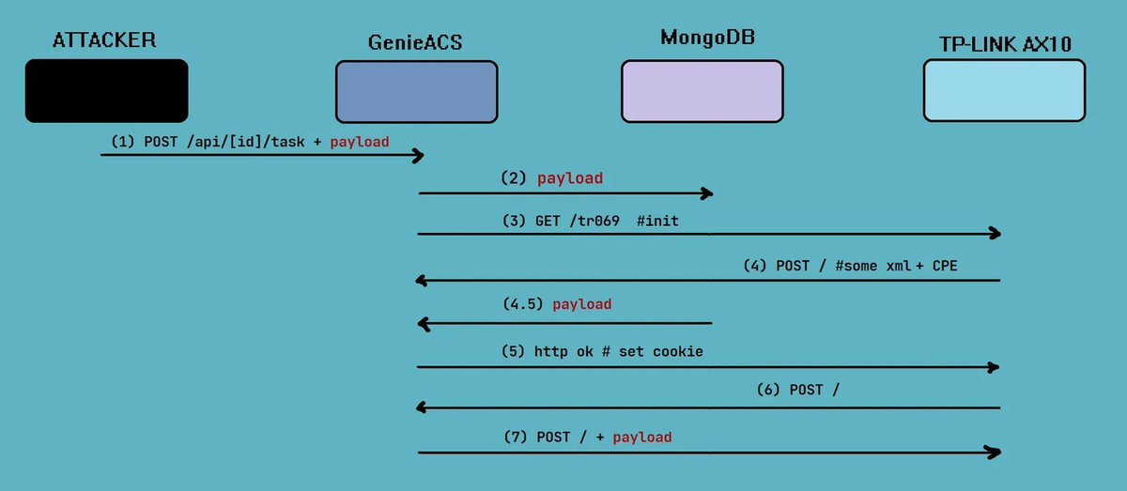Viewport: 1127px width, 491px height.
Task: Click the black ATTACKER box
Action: (106, 91)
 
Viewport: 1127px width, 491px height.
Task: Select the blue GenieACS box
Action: (416, 92)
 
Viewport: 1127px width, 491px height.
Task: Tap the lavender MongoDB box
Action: (702, 91)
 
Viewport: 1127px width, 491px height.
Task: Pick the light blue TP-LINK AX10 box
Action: (1004, 91)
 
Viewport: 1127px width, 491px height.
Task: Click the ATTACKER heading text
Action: (104, 39)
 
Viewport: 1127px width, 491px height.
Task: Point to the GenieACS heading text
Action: (415, 43)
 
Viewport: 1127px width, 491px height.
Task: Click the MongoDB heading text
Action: (707, 38)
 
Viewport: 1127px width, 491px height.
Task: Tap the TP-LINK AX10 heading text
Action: (1006, 43)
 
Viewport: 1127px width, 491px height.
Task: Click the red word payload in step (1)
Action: (359, 142)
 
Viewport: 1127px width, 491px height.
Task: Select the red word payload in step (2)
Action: (569, 178)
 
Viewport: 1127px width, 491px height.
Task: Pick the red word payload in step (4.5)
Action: (582, 304)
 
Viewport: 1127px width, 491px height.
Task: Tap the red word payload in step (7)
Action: (641, 437)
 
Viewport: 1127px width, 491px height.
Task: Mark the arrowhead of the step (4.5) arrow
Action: (424, 324)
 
